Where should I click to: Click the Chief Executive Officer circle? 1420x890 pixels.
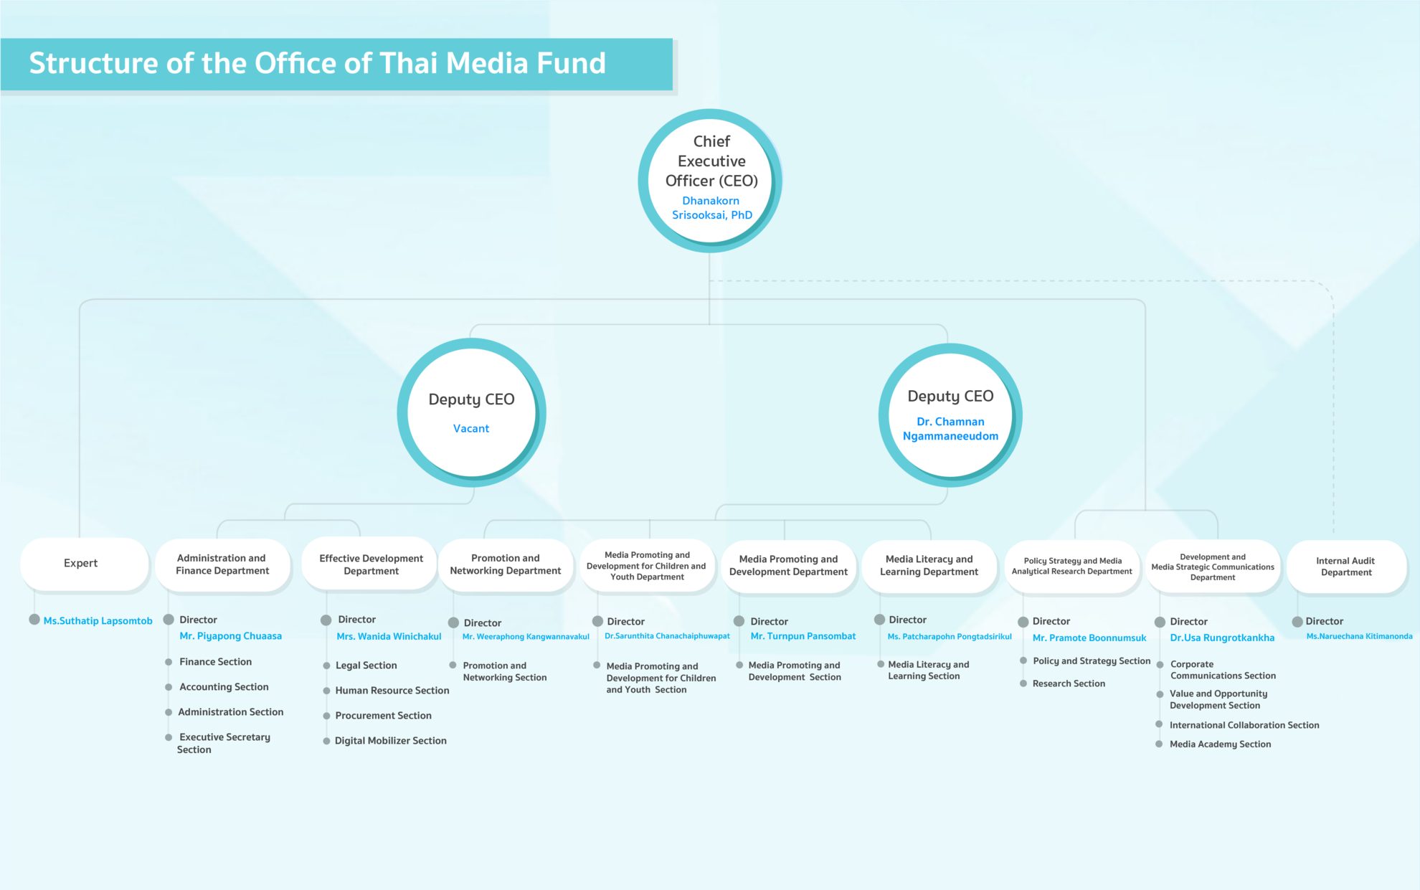coord(710,180)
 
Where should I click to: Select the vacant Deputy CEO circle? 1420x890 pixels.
coord(471,412)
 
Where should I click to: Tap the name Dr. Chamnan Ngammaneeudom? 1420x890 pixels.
coord(950,429)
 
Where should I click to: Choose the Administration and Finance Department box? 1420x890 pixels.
coord(223,564)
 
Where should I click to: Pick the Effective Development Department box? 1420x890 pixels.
coord(370,564)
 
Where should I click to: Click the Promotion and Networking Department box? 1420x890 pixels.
coord(506,564)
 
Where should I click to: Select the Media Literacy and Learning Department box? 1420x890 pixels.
coord(929,566)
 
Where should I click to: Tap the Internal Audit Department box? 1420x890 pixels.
coord(1346,567)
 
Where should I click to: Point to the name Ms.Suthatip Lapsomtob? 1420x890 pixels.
coord(98,621)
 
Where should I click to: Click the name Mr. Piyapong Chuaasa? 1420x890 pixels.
coord(230,636)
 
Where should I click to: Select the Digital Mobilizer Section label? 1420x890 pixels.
coord(390,741)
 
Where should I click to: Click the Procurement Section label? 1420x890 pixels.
coord(383,716)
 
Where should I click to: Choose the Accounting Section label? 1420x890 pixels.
coord(224,687)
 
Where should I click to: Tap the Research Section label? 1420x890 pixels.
coord(1069,683)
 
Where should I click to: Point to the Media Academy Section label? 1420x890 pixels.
coord(1220,744)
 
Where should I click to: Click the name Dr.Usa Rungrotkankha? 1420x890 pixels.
coord(1222,638)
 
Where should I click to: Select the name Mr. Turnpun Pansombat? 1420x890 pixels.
coord(803,636)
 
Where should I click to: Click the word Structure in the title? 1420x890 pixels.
coord(93,63)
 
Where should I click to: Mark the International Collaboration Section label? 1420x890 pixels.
coord(1244,725)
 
